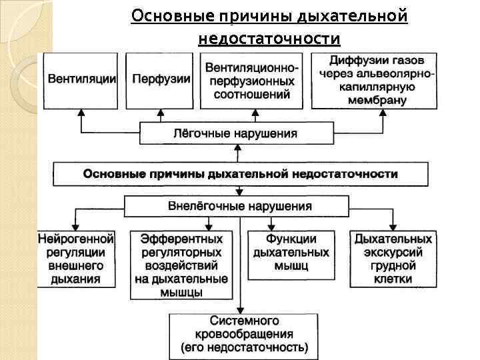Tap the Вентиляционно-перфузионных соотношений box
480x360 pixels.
point(252,80)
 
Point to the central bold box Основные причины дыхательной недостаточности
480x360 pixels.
point(240,174)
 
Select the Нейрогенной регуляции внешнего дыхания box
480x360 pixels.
point(76,259)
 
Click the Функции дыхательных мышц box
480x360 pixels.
point(291,253)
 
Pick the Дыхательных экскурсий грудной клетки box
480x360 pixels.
point(393,259)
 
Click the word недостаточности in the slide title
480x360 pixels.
point(269,39)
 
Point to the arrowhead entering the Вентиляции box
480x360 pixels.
point(82,113)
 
